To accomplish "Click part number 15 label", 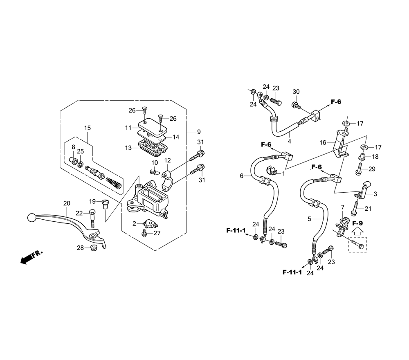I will point(88,128).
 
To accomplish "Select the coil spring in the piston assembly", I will point(114,183).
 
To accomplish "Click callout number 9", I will point(199,132).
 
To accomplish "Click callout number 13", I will point(128,148).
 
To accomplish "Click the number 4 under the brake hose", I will point(290,141).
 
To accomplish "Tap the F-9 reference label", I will point(357,223).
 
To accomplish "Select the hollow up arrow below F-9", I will point(357,232).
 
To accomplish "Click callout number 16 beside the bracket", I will point(323,142).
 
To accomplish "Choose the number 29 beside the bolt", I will point(371,169).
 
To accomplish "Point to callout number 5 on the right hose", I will point(310,218).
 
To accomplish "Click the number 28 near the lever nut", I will point(81,248).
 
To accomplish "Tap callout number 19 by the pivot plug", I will point(93,201).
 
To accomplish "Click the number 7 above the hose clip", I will point(343,208).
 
